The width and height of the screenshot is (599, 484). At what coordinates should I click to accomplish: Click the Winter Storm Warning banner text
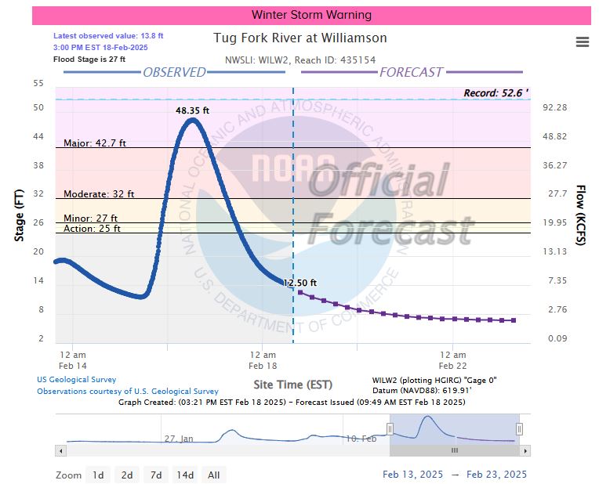[311, 15]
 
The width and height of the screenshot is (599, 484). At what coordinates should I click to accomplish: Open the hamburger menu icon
[583, 42]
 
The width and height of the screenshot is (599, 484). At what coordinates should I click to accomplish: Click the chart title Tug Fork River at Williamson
[300, 38]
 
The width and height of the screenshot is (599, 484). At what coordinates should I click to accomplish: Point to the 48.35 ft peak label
[192, 110]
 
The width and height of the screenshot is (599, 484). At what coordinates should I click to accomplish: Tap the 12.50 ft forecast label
[300, 283]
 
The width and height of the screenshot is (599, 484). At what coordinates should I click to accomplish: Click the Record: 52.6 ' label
[496, 92]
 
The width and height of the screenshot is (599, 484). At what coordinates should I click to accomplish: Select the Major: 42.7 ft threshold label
[95, 143]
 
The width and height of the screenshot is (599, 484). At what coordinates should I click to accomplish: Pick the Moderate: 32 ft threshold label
[99, 193]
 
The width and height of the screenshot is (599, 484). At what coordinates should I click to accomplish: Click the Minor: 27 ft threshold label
[90, 219]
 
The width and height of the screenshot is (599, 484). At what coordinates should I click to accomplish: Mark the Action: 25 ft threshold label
[92, 229]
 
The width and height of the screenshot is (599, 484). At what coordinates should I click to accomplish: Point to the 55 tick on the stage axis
[38, 83]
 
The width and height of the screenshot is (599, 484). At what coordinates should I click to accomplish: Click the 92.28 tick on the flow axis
[555, 107]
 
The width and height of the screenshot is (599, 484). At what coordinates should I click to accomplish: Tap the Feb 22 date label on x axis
[453, 365]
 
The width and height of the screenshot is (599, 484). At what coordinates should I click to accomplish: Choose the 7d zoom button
[156, 475]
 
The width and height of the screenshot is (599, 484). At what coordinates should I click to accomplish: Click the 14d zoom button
[185, 475]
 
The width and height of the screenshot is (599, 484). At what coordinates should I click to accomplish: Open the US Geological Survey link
[75, 380]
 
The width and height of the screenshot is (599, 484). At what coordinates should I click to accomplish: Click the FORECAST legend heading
[411, 72]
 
